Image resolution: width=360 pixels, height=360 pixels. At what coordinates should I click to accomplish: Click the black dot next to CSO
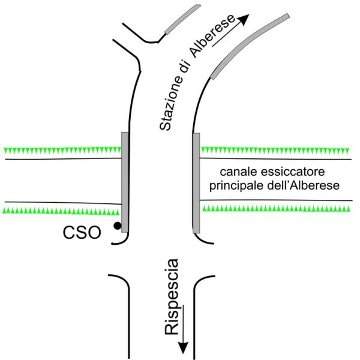[118, 226]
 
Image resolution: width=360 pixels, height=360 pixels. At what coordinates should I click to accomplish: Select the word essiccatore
[289, 170]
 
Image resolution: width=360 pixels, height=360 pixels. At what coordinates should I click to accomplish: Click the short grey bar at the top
[182, 20]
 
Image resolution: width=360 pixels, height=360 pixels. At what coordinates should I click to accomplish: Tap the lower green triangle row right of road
[275, 209]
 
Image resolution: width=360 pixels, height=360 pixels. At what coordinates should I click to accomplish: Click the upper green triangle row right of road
[275, 148]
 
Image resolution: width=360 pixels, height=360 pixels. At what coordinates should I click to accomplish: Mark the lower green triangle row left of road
[60, 211]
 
